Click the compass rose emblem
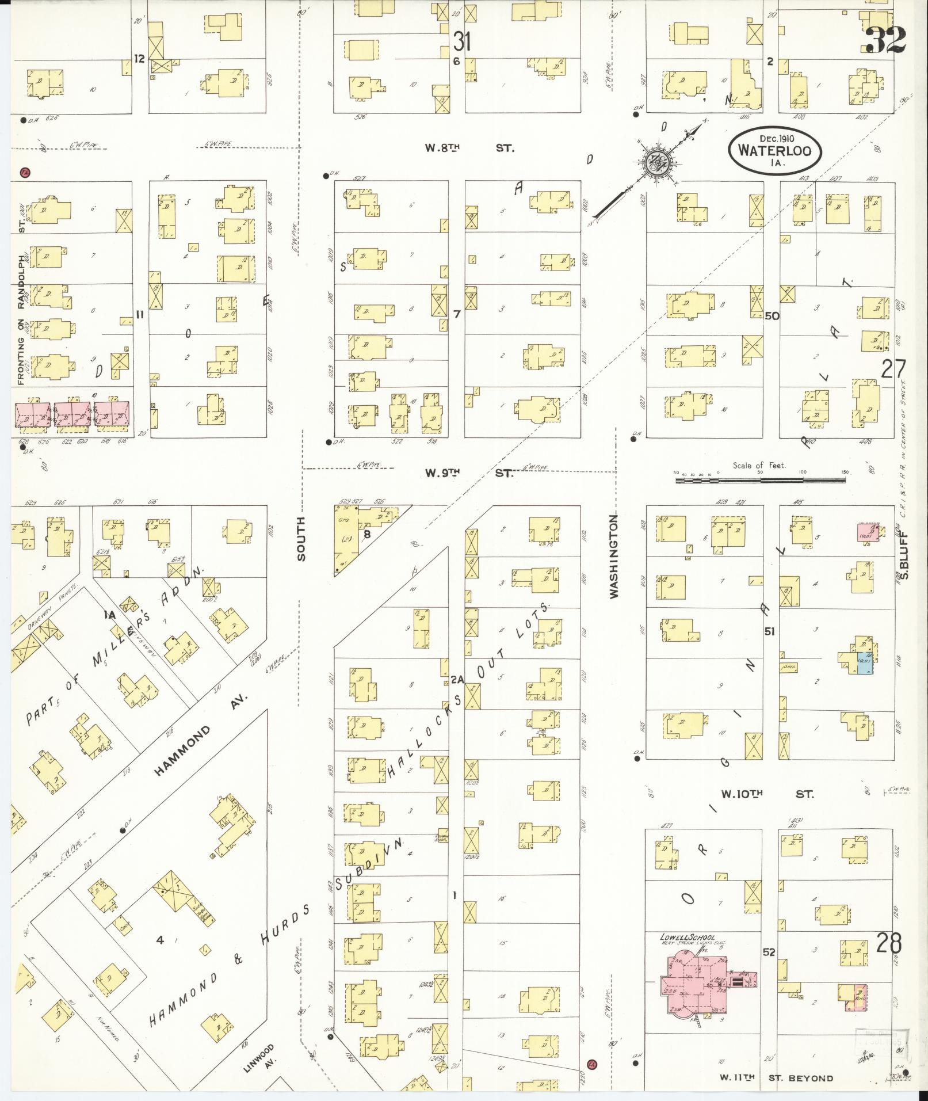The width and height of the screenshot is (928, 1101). point(656,163)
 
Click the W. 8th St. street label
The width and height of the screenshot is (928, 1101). point(469,148)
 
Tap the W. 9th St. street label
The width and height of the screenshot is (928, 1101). point(468,473)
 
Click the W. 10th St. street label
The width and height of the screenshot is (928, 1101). point(767,794)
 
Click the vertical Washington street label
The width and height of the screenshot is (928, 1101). point(614,557)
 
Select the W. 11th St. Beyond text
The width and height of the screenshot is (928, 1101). point(776,1078)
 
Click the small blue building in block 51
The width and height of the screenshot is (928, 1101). point(865,663)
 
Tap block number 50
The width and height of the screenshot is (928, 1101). point(772,316)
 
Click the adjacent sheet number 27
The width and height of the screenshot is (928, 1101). point(893,369)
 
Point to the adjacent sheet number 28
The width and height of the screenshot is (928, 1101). point(889,944)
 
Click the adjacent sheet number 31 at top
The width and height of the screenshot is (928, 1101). point(461,41)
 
